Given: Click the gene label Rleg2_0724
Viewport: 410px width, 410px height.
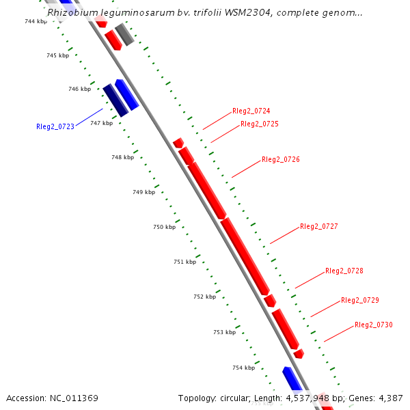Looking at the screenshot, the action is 251,111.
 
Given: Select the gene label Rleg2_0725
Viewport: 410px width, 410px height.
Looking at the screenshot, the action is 259,124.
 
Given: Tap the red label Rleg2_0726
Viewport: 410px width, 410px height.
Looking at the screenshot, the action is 280,160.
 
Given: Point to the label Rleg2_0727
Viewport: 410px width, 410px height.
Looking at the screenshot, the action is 318,227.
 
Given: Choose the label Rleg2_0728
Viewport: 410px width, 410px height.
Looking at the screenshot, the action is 344,271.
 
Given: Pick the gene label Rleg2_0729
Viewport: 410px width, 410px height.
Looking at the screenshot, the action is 359,301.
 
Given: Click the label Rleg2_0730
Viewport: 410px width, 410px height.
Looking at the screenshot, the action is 373,325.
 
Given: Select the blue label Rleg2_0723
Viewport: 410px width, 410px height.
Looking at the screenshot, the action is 55,126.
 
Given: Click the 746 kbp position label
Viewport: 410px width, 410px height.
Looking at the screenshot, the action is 79,90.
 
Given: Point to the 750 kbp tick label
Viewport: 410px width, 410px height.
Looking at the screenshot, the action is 164,227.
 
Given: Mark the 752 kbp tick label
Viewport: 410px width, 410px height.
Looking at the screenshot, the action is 204,297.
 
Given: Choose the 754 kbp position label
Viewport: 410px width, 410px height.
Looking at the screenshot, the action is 243,368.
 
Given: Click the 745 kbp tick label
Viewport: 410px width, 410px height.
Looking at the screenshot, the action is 57,55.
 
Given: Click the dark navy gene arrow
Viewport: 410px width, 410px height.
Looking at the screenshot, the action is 115,100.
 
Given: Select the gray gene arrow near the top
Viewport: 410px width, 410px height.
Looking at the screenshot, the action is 124,34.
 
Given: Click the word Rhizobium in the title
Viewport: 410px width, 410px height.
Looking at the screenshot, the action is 72,12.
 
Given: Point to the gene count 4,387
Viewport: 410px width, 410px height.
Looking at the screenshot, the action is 389,398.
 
